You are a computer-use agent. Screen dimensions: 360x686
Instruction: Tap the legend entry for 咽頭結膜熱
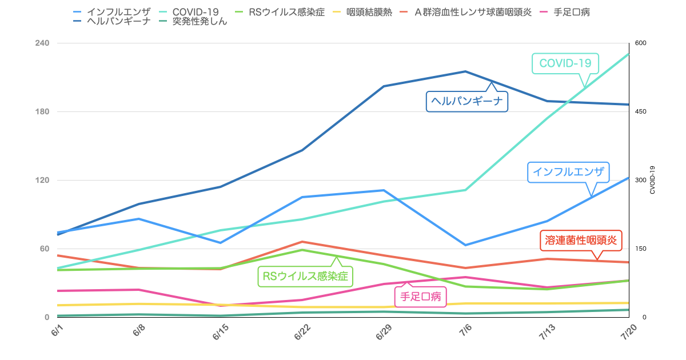[x=369, y=12]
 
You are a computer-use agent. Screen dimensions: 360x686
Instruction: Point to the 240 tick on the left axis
[x=42, y=43]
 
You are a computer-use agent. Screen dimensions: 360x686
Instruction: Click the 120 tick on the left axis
[x=42, y=181]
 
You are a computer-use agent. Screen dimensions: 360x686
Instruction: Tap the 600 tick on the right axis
[x=640, y=43]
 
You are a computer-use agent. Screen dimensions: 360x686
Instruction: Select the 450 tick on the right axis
[x=640, y=112]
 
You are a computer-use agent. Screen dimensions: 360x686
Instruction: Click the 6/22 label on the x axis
[x=302, y=335]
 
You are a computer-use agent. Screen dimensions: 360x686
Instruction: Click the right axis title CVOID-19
[x=652, y=180]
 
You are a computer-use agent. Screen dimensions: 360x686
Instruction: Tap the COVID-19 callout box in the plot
[x=565, y=63]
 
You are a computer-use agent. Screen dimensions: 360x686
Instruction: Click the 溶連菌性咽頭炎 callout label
[x=581, y=241]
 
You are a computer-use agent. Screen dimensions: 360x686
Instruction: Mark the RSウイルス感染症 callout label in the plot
[x=305, y=277]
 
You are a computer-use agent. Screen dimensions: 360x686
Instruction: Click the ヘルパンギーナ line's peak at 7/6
[x=465, y=71]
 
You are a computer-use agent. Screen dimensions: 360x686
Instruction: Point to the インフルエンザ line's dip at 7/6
[x=465, y=245]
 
